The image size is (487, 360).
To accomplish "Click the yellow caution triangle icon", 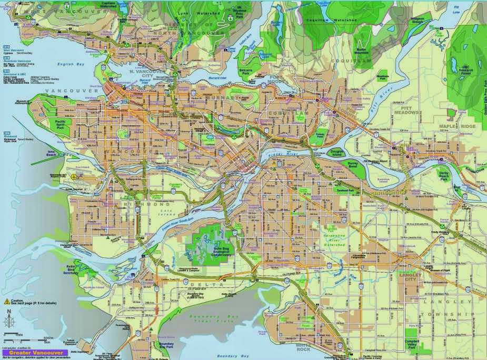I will [x=7, y=301].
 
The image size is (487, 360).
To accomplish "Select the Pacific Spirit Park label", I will [x=63, y=124].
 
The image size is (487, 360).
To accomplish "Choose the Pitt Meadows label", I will [x=406, y=109].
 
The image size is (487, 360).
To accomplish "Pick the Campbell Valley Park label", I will [x=412, y=344].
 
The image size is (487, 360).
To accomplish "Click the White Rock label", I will [x=304, y=347].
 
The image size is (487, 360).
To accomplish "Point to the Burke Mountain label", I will [x=362, y=51].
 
